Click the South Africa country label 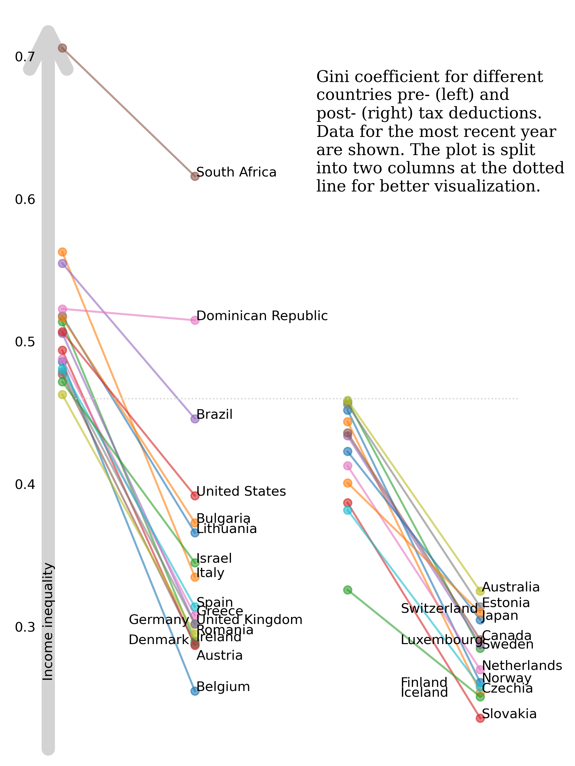tap(236, 172)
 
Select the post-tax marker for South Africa tap(195, 176)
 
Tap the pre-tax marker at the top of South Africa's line tap(62, 48)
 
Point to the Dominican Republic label tap(262, 316)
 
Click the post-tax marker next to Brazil tap(195, 419)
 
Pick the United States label tap(241, 492)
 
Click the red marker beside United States tap(195, 496)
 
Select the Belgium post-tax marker tap(195, 691)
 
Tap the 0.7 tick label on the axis tap(25, 57)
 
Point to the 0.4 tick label tap(25, 484)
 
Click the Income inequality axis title tap(48, 622)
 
